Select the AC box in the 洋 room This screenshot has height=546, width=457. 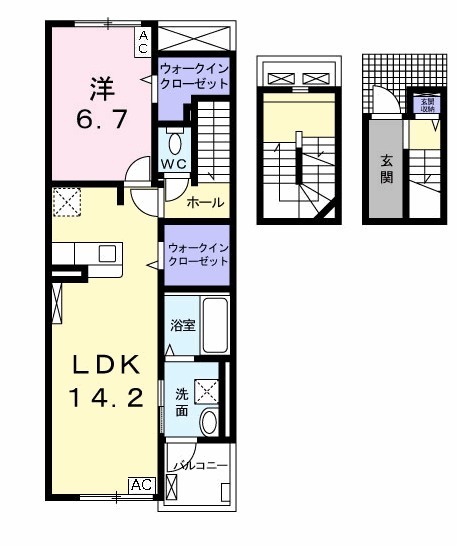[142, 40]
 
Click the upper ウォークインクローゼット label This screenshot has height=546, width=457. [194, 77]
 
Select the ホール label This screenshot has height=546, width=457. [205, 204]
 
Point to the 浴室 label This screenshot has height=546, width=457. [181, 325]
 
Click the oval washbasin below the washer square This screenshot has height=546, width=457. [209, 422]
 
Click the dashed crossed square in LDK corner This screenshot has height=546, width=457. [68, 203]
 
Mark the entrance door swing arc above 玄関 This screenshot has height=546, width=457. [380, 100]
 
